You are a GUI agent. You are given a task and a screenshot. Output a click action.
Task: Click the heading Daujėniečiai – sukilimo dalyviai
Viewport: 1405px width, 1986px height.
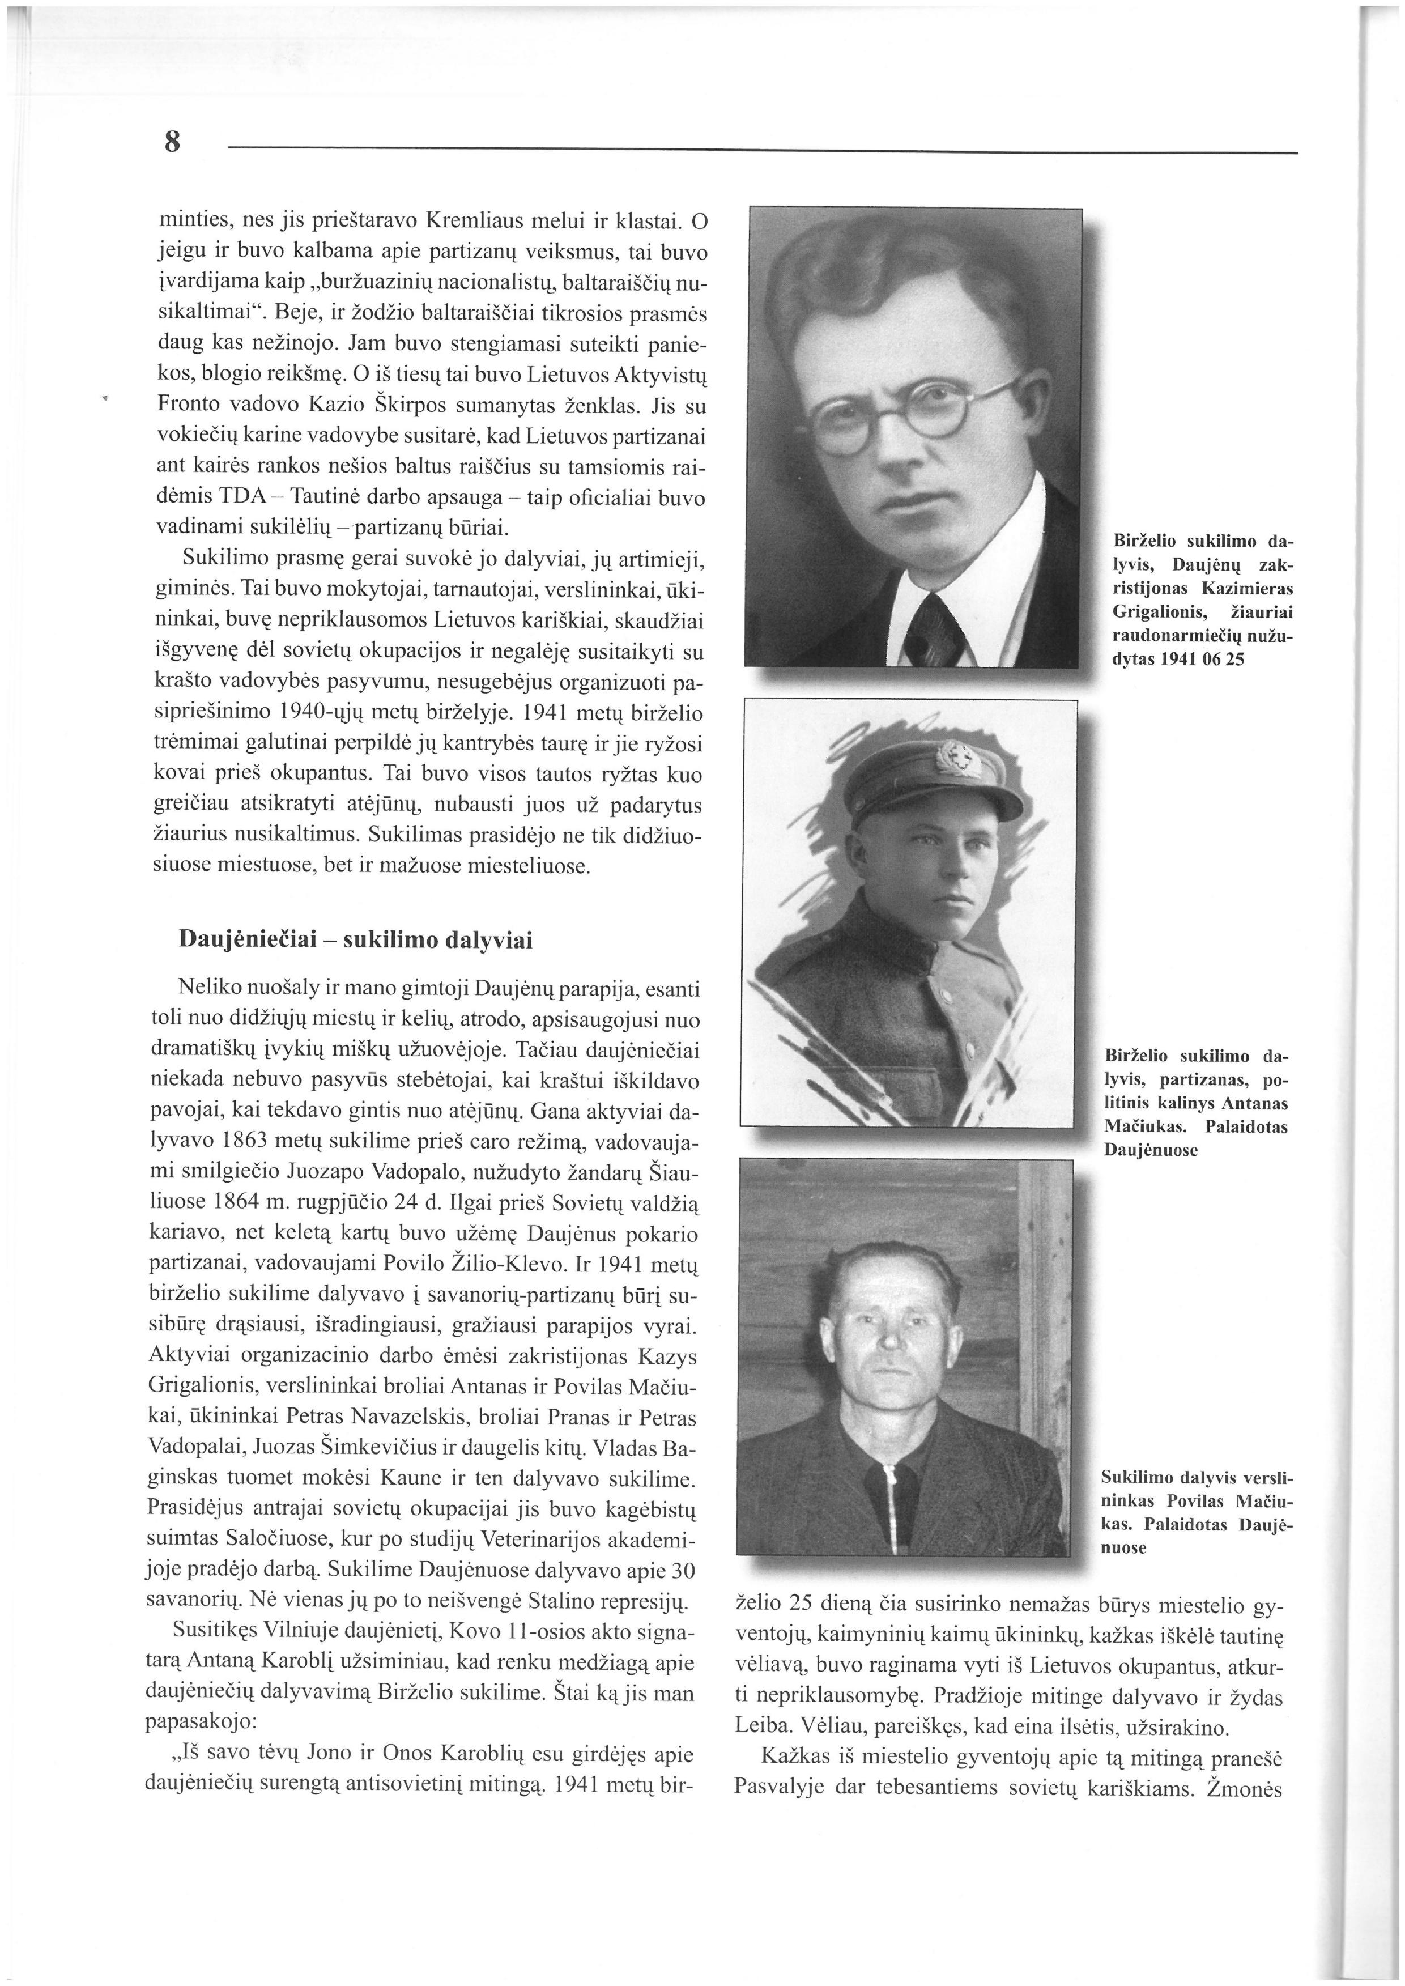(x=355, y=940)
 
